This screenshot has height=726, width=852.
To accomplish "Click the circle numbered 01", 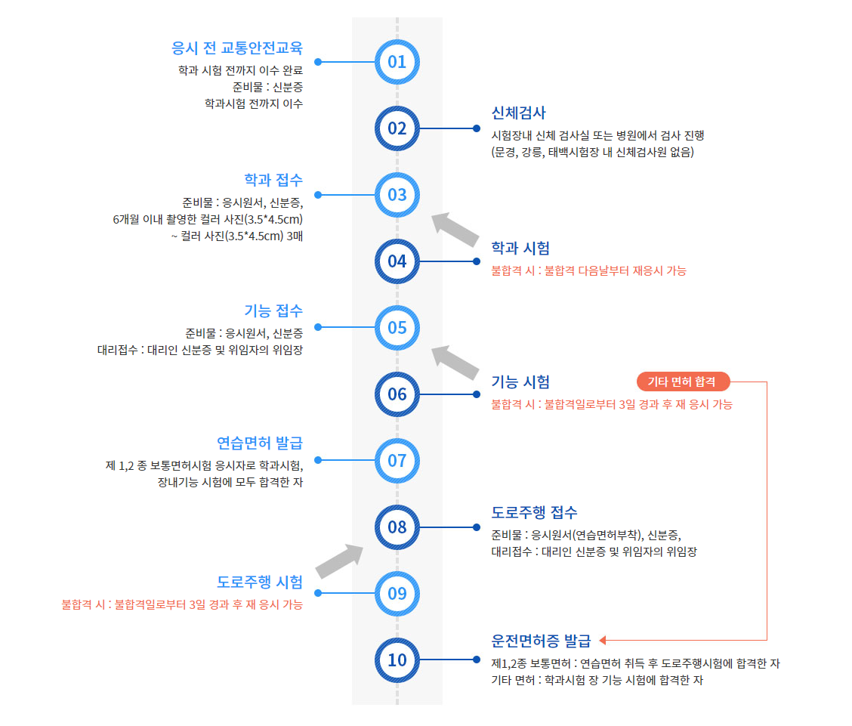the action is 397,61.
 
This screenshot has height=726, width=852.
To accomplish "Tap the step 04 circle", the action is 397,261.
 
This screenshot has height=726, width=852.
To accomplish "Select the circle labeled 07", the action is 397,460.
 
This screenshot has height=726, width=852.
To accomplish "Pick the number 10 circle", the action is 397,660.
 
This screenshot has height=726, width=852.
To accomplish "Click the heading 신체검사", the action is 518,113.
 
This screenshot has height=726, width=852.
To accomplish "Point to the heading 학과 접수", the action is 273,180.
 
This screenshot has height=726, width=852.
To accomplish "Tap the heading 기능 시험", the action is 520,382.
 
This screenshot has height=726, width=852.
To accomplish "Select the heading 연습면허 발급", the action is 260,443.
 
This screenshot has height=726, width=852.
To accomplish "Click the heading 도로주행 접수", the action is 534,511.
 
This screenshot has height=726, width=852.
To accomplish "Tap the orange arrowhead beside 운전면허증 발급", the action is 603,641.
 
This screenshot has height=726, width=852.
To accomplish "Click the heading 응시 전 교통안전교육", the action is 237,48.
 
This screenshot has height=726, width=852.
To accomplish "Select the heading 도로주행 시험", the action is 260,582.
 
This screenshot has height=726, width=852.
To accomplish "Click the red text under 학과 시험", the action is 588,270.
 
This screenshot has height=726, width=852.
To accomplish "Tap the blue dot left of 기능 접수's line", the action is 318,327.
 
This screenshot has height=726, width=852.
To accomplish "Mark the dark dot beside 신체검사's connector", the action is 477,128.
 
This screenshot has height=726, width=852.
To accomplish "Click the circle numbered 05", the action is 397,327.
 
